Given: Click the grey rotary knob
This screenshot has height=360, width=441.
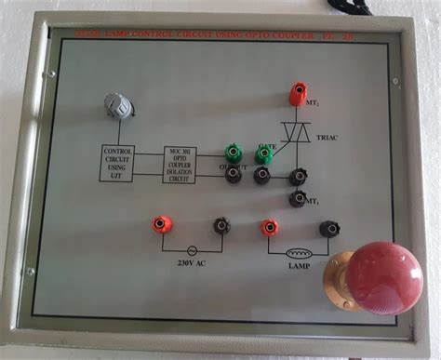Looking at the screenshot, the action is point(118,105).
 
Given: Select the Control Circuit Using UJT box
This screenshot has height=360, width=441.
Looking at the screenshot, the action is point(117,164).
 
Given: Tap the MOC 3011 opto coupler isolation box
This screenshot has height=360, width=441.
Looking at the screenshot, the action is point(180,164).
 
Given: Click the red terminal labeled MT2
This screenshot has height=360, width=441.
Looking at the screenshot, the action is point(298,95).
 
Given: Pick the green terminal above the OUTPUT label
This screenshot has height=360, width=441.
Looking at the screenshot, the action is point(233,152).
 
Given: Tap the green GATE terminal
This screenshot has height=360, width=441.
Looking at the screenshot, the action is point(263,153).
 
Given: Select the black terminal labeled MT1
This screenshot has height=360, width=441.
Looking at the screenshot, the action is point(298,197).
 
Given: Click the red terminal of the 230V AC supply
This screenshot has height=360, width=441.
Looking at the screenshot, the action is point(161,224).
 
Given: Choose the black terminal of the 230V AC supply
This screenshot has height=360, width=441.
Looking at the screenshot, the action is point(221,225).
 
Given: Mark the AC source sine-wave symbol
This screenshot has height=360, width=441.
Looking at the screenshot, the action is point(192,250).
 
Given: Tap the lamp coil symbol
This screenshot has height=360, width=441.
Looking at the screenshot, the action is point(298,250).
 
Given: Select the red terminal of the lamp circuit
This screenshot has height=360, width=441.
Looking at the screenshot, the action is point(269,227).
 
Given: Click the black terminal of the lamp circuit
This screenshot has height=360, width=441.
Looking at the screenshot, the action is point(327,228).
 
